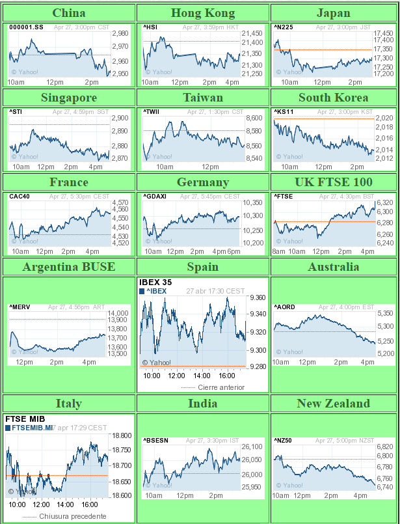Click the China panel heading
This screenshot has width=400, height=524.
[x=68, y=13]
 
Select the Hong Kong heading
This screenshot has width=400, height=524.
[x=202, y=13]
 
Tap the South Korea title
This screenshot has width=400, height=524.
[x=333, y=98]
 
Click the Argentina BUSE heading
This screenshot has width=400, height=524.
[x=68, y=267]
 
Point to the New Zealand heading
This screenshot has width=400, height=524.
[x=333, y=404]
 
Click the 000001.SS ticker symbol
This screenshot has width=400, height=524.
[x=27, y=27]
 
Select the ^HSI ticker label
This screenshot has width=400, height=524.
[x=150, y=27]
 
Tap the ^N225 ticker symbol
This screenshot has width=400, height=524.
[x=284, y=27]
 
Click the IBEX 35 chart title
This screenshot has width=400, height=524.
[x=155, y=283]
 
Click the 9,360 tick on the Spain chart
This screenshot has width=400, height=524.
[x=257, y=297]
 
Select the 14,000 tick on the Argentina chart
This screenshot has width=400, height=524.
[x=117, y=313]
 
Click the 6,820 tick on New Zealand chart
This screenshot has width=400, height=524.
[x=384, y=447]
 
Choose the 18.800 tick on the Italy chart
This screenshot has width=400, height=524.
[x=122, y=435]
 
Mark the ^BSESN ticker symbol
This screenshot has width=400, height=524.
[x=156, y=441]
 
